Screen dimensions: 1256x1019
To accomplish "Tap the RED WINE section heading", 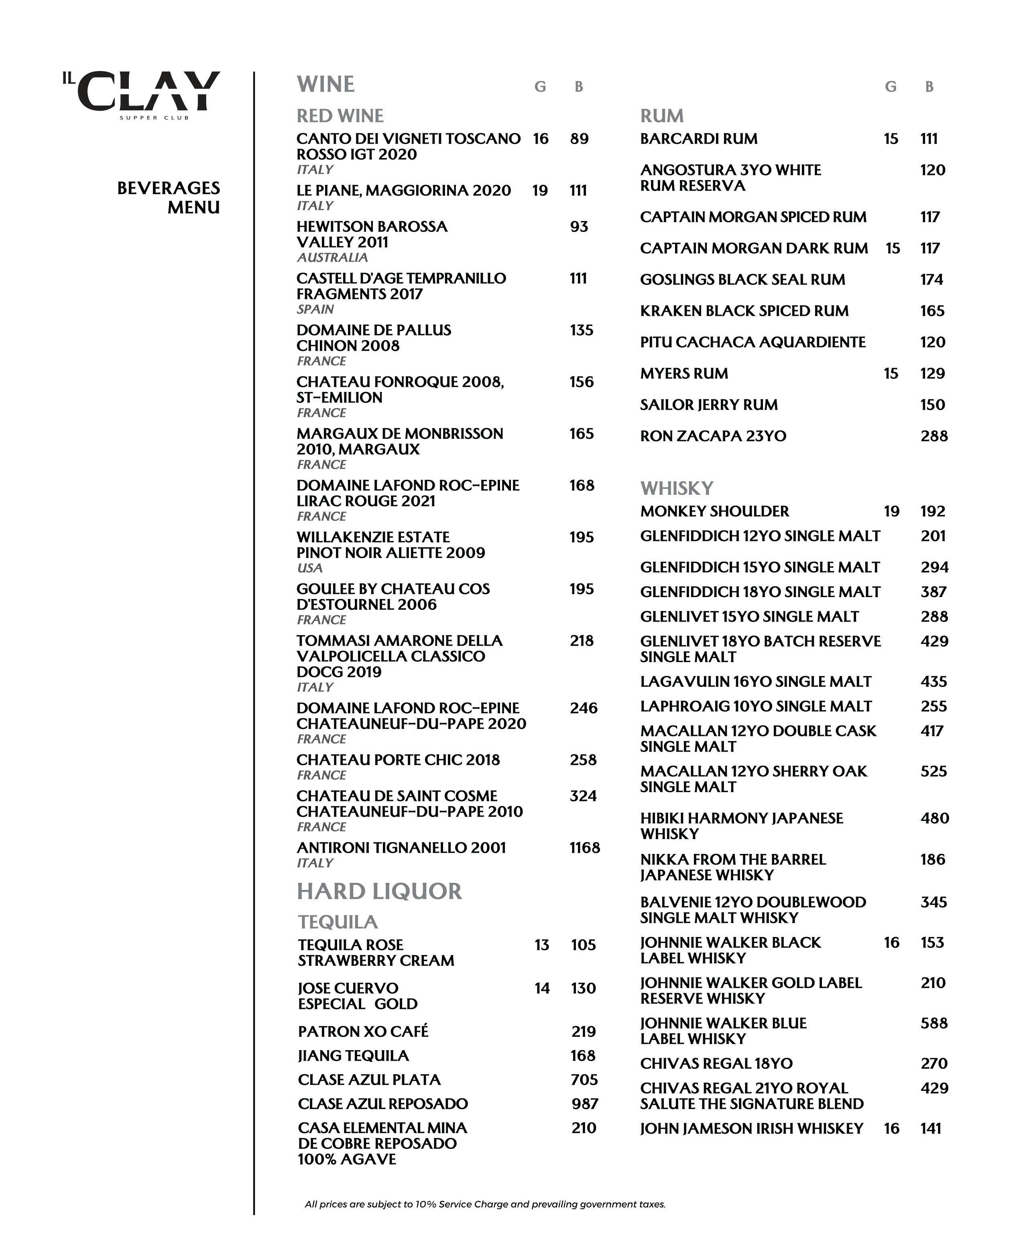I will (x=340, y=116).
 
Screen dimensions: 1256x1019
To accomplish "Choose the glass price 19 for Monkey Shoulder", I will (x=891, y=511).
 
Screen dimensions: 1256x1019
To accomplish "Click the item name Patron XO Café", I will (x=363, y=1031).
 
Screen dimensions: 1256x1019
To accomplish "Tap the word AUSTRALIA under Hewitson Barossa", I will (x=332, y=258).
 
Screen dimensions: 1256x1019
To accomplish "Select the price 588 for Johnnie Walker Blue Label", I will (x=933, y=1023).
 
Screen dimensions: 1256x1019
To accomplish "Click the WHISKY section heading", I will (x=676, y=488).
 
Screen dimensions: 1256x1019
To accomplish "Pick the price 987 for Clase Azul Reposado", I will (x=585, y=1104).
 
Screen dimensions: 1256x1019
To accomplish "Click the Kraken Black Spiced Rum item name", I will (x=744, y=311).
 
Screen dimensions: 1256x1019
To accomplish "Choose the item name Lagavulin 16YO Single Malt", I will (x=755, y=681).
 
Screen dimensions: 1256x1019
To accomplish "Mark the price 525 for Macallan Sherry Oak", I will (x=933, y=771).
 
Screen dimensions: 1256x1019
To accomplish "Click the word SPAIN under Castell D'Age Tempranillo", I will (x=315, y=309).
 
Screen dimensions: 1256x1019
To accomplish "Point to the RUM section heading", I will (x=661, y=116).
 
